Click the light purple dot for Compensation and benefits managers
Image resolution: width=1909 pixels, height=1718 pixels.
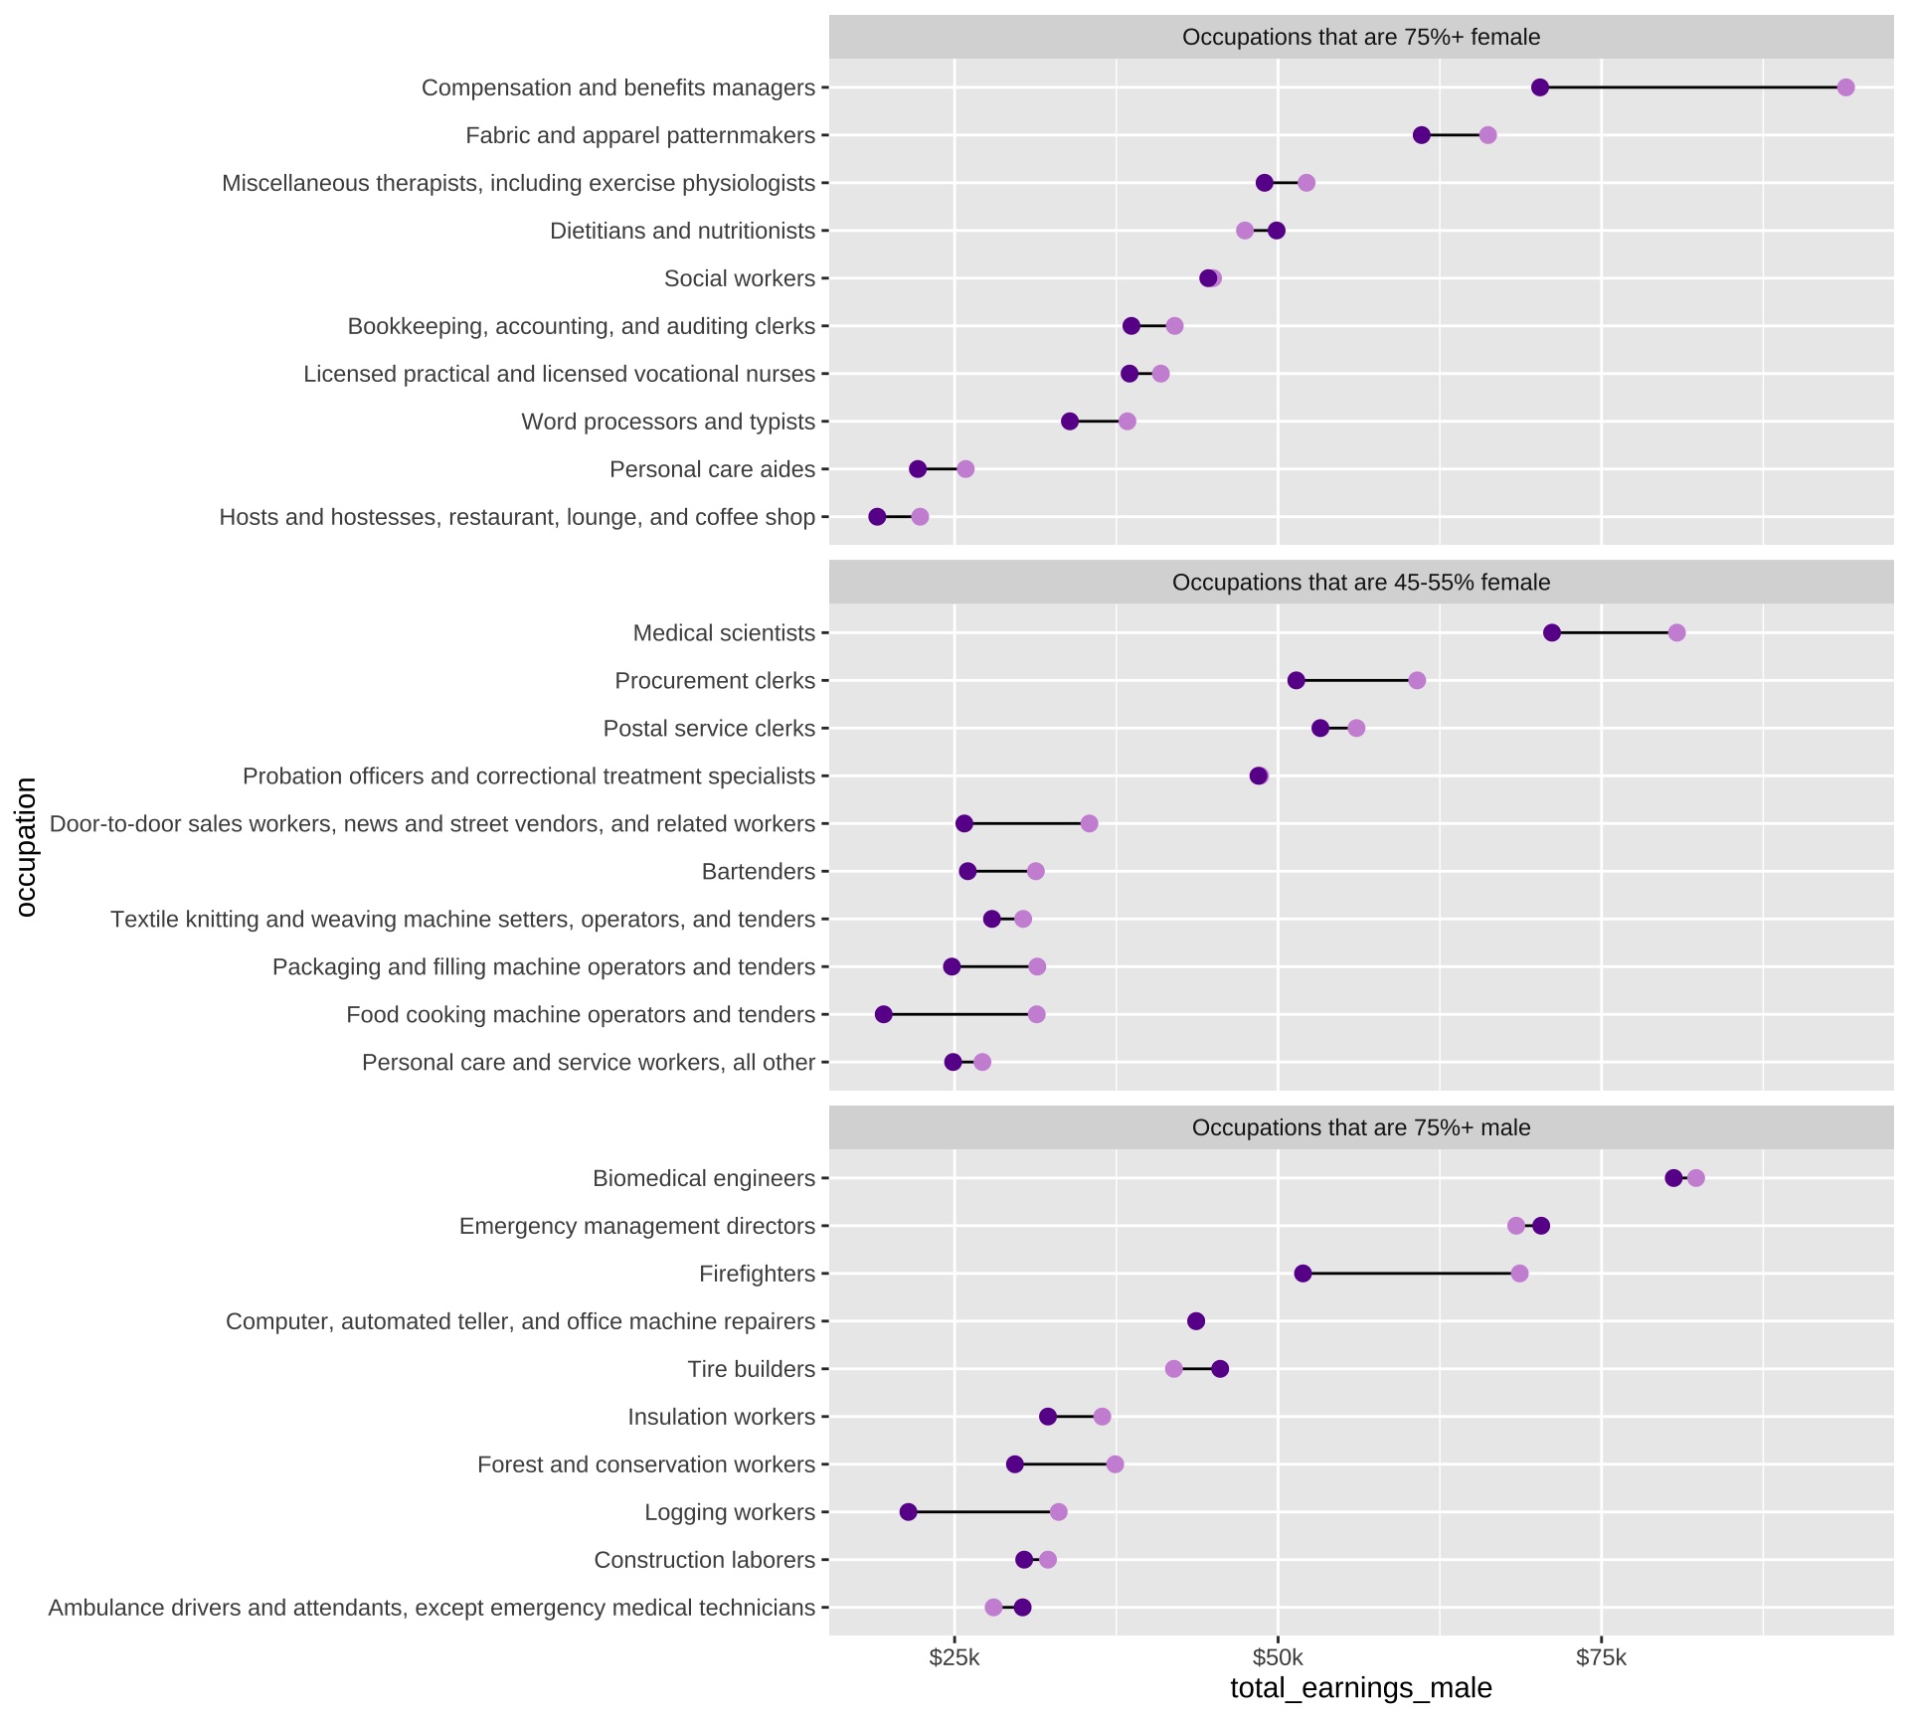[x=1845, y=87]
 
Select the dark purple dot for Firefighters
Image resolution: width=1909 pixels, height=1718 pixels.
[x=1302, y=1274]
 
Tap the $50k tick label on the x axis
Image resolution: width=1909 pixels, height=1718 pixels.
[x=1278, y=1657]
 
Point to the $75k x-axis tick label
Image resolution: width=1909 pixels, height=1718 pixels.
[x=1601, y=1657]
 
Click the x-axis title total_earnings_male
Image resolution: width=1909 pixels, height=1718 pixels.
[x=1361, y=1688]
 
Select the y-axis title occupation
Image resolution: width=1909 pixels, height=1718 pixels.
[x=26, y=847]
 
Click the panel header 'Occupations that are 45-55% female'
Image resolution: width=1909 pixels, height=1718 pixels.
[x=1361, y=583]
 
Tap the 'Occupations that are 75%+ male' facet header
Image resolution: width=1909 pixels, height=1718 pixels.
[x=1361, y=1127]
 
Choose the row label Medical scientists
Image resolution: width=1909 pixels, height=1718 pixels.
[x=724, y=633]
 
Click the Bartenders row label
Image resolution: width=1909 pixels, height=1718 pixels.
[x=759, y=872]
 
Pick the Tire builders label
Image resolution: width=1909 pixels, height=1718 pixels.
[x=752, y=1369]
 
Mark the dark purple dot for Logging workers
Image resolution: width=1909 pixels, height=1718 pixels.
[x=908, y=1512]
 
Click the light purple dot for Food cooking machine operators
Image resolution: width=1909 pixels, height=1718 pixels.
[x=1036, y=1014]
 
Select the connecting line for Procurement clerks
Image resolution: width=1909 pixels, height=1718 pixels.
[x=1356, y=681]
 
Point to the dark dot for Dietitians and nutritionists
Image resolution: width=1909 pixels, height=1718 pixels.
[x=1277, y=231]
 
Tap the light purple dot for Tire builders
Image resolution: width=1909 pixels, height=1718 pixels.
[x=1174, y=1369]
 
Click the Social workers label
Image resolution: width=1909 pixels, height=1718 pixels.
[x=740, y=278]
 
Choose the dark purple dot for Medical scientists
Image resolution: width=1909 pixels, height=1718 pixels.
[x=1552, y=633]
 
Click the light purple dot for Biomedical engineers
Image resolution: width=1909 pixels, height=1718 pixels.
[x=1696, y=1178]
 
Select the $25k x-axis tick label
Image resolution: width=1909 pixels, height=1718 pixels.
[x=954, y=1657]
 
